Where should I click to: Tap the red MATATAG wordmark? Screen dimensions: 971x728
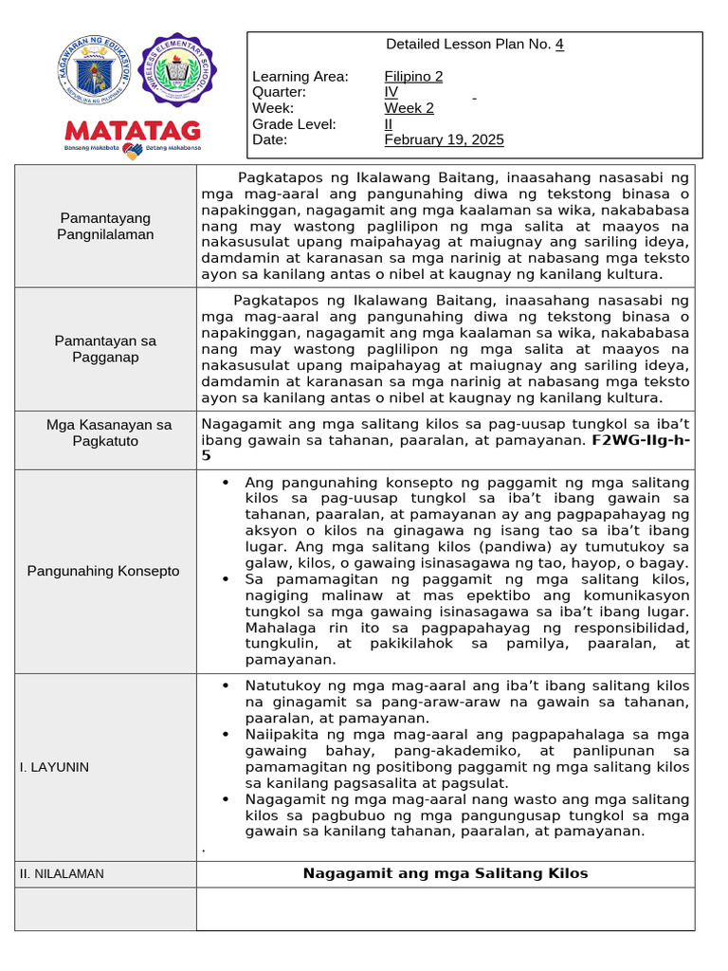point(132,130)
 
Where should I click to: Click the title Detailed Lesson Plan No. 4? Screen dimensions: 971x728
point(475,45)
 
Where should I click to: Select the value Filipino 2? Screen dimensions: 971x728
point(413,77)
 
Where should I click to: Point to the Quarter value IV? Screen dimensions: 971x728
point(391,92)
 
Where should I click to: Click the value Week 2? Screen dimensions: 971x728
point(409,108)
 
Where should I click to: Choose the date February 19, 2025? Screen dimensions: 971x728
point(444,140)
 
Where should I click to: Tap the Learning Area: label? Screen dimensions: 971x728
point(300,77)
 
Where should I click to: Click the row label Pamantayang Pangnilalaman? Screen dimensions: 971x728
point(104,226)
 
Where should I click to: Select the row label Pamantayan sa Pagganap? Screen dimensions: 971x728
point(105,348)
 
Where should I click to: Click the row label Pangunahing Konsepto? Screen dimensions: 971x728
point(103,571)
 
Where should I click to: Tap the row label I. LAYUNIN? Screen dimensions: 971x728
point(55,767)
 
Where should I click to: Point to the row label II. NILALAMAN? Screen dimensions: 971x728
point(62,873)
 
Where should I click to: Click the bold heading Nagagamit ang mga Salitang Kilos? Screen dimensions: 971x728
point(446,873)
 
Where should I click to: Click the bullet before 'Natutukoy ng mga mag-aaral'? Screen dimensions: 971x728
point(225,686)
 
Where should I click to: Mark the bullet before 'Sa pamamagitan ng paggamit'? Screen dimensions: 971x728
point(225,579)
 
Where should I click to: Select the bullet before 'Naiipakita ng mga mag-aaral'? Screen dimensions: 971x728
point(225,734)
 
